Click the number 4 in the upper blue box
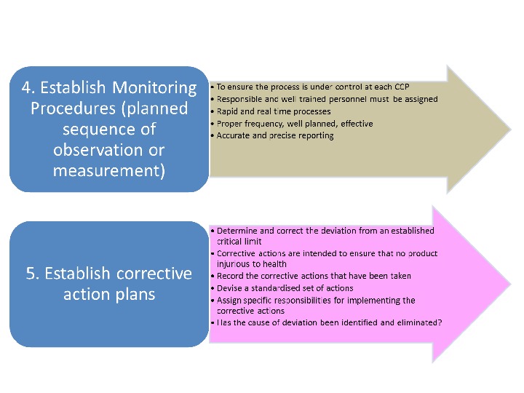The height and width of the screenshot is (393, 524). tap(28, 88)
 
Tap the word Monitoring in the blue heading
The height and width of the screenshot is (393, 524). tap(154, 88)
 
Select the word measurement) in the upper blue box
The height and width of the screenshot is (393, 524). tap(109, 171)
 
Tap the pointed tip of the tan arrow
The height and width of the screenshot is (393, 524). tap(509, 130)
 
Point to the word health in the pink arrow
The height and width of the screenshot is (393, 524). tap(275, 264)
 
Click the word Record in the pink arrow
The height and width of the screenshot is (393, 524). tap(231, 276)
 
